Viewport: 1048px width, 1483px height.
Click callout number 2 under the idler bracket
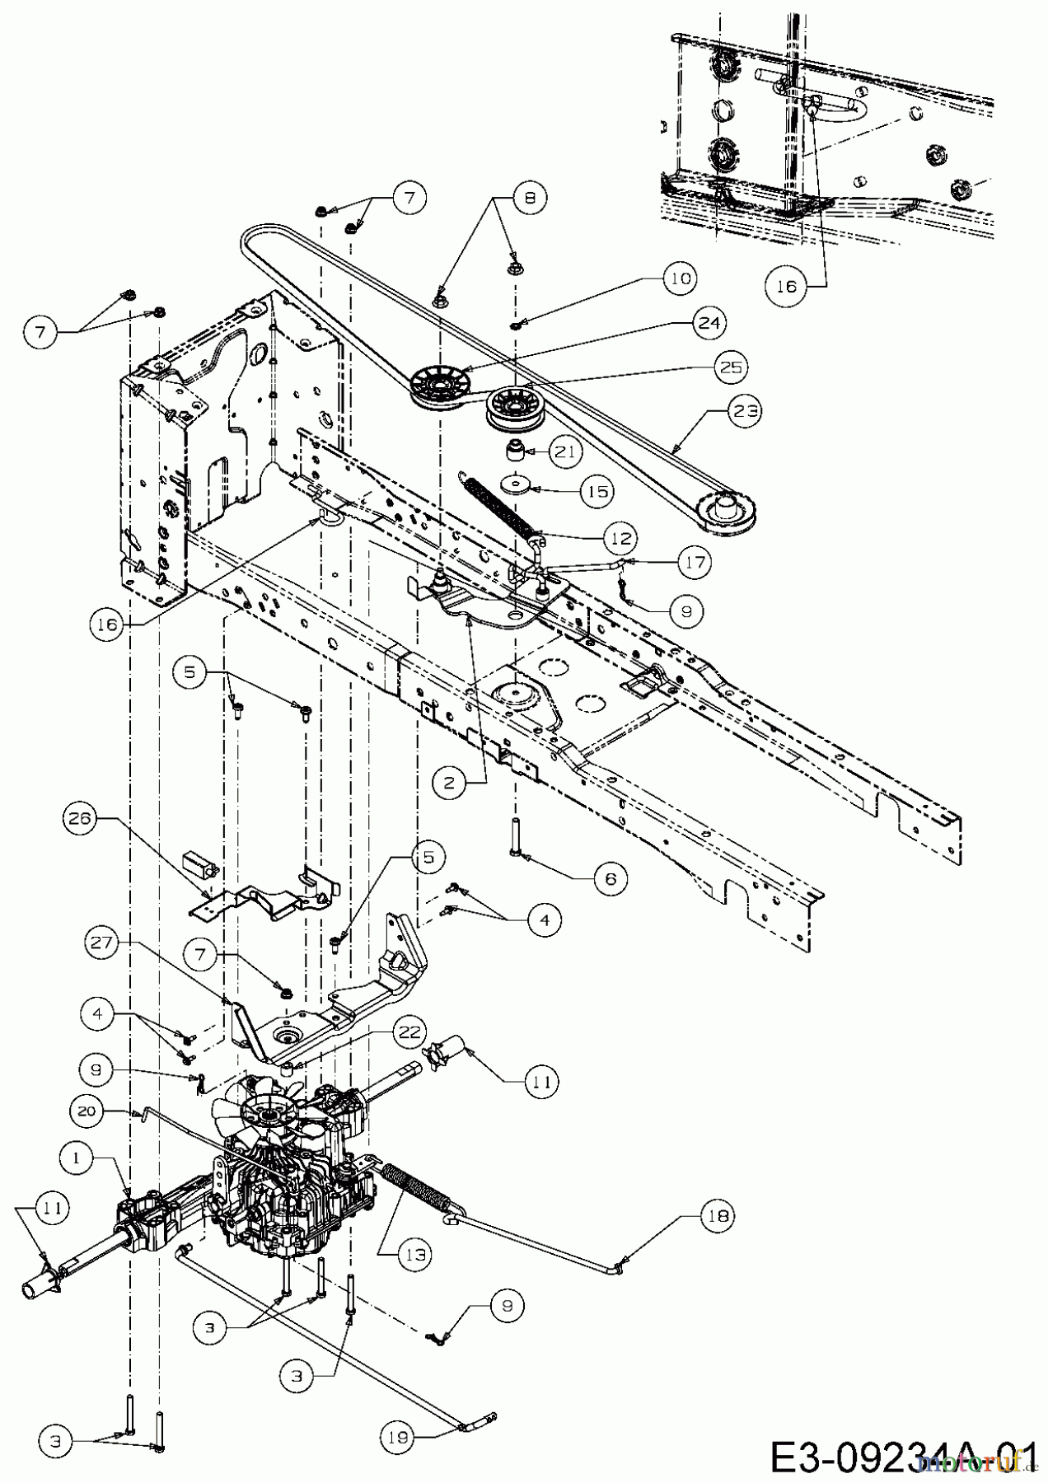click(449, 783)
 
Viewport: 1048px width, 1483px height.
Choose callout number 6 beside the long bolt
click(609, 879)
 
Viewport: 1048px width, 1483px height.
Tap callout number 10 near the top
click(680, 278)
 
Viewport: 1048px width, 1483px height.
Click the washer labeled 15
click(518, 484)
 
